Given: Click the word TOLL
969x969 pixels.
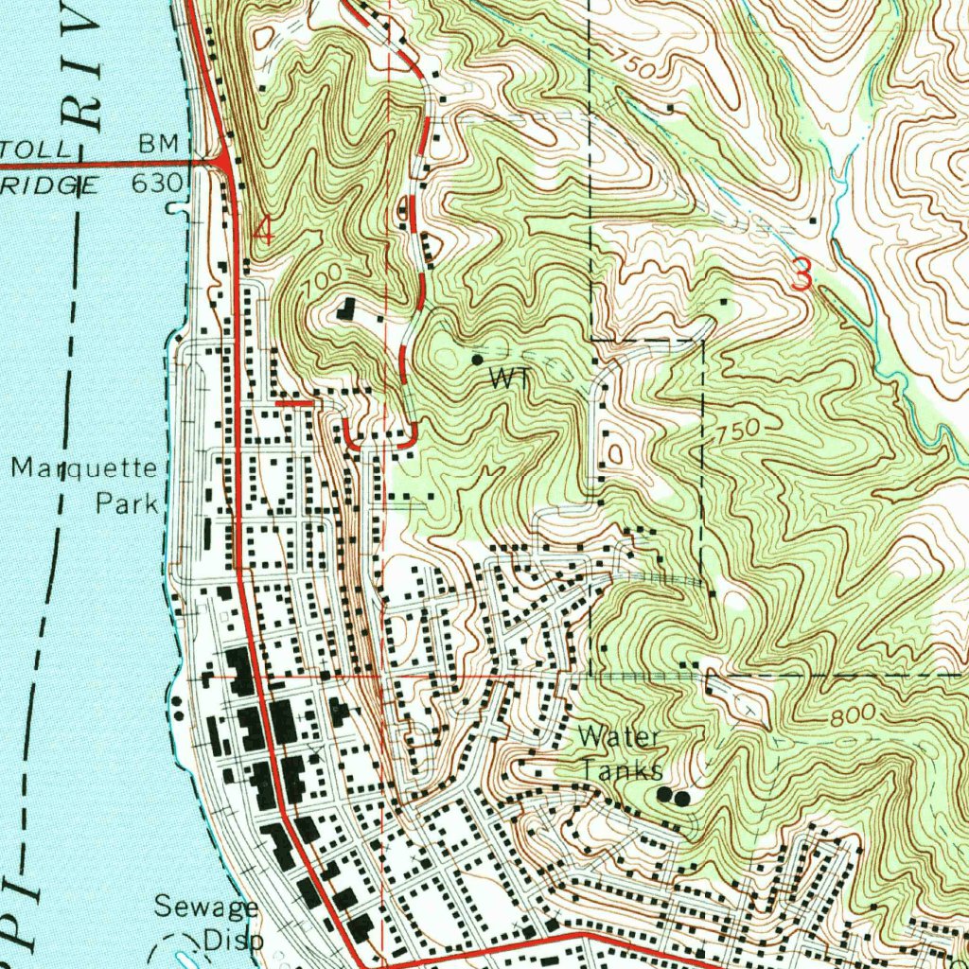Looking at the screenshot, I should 35,150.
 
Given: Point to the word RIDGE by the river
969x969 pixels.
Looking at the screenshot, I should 48,185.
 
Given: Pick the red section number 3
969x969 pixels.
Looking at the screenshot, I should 802,275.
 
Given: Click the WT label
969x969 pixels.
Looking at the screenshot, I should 507,379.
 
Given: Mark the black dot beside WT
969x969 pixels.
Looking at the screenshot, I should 477,361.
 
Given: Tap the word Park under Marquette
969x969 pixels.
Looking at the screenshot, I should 126,502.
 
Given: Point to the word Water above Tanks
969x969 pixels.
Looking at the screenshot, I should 619,736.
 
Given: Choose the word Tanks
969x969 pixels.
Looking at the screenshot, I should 621,769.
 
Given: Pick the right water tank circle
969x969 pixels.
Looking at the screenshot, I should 682,799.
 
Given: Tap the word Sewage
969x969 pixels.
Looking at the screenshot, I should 205,907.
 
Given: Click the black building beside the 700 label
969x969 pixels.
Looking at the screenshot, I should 347,308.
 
